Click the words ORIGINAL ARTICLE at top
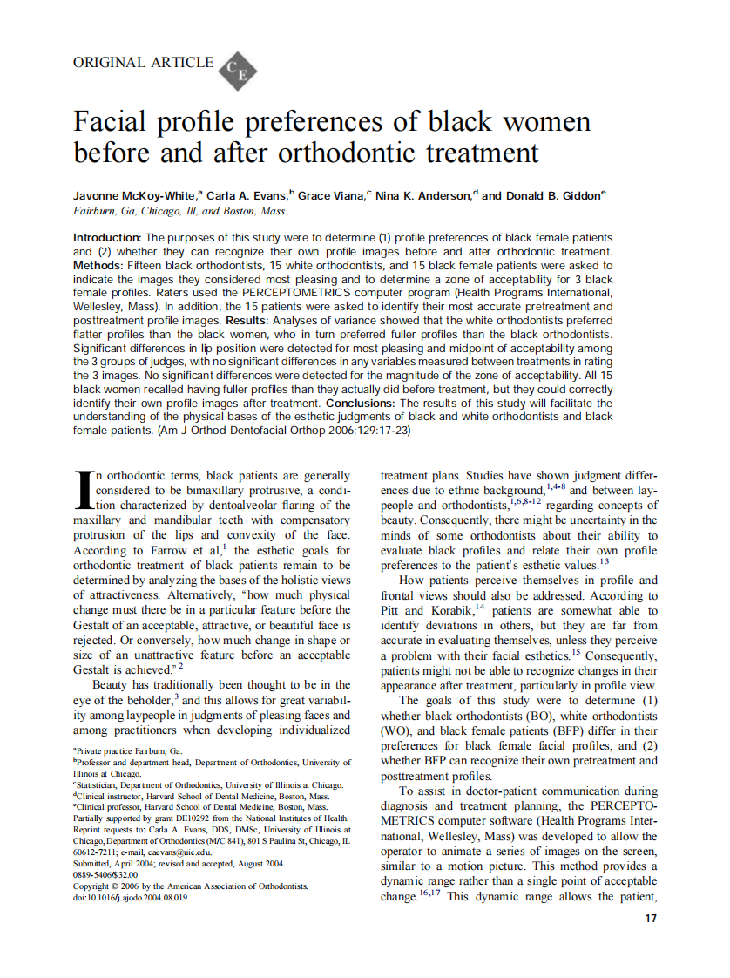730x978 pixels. click(143, 62)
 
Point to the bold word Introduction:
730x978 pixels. click(107, 238)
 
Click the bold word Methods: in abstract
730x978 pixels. click(98, 265)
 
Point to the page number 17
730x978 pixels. click(648, 918)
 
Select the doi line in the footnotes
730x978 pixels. click(130, 897)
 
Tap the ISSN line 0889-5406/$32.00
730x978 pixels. click(105, 874)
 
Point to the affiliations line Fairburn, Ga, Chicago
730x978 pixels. click(179, 211)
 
